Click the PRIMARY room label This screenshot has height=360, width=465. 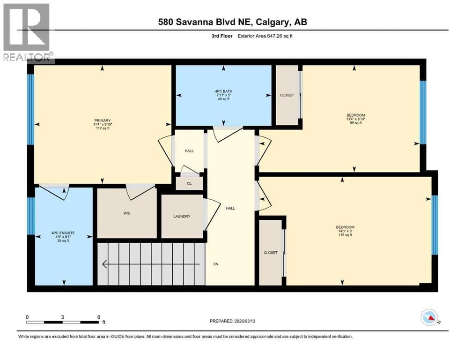[x=103, y=120]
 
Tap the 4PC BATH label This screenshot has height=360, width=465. [x=224, y=91]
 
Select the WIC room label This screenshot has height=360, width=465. [x=127, y=213]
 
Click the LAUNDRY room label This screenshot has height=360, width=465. [x=182, y=217]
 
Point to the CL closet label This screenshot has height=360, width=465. [x=189, y=183]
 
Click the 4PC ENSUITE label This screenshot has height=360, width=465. [x=63, y=233]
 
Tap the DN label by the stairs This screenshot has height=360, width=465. [x=216, y=264]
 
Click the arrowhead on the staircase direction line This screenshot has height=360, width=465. [x=104, y=264]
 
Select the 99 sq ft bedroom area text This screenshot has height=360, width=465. [x=356, y=122]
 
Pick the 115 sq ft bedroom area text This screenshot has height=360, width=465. [x=345, y=235]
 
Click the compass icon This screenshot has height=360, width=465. [x=429, y=317]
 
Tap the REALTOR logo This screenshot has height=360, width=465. [x=27, y=32]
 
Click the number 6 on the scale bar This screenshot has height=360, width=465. [x=99, y=317]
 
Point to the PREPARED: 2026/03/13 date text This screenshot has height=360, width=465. [x=232, y=321]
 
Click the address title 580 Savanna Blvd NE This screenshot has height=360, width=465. [x=205, y=22]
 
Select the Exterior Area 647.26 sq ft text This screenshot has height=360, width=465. [x=265, y=36]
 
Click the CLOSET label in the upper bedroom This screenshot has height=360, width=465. [x=287, y=95]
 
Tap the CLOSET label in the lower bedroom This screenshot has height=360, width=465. [x=271, y=253]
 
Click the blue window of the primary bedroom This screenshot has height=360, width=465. [x=30, y=109]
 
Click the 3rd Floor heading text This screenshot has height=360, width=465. [x=222, y=36]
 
